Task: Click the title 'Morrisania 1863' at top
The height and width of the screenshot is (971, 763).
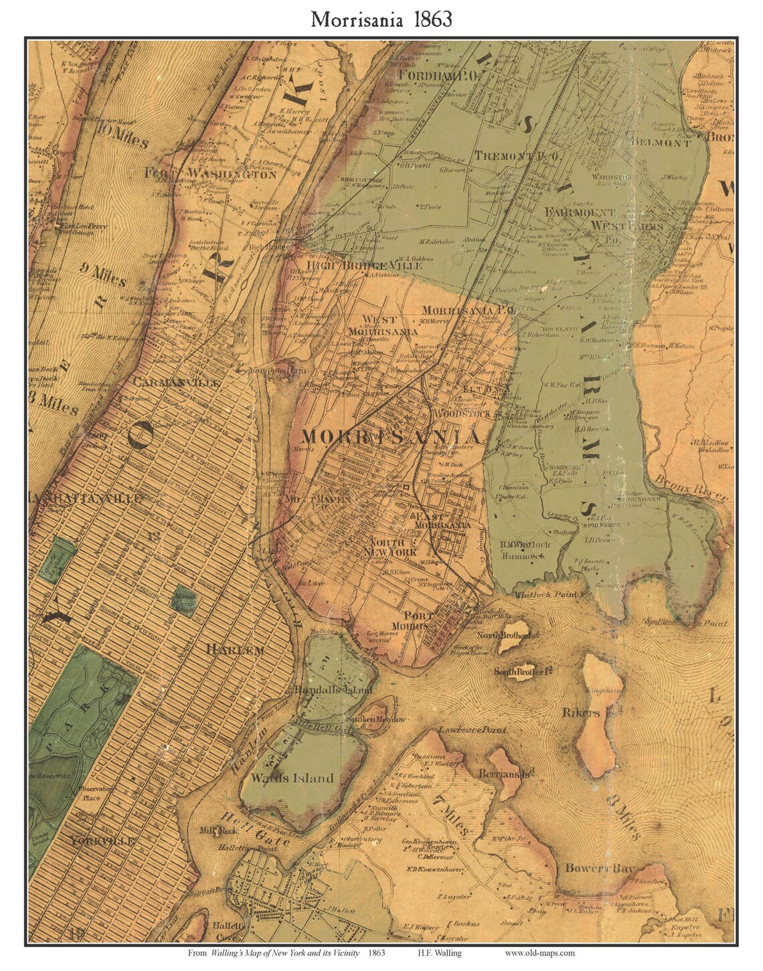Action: (381, 19)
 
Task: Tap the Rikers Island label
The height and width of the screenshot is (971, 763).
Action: (582, 713)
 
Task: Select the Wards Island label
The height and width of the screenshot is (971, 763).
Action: (292, 778)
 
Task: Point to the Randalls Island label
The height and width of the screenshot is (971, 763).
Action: (330, 689)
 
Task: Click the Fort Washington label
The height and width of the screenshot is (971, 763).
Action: (210, 174)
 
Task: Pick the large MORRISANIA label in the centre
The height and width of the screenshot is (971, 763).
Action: (390, 437)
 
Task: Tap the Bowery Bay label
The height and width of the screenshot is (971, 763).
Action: (600, 869)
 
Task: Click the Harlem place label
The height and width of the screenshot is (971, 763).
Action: (235, 650)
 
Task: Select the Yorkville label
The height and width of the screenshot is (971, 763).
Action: (102, 841)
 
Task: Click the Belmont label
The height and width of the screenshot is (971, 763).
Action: (662, 143)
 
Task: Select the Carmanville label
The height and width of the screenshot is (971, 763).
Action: (177, 383)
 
